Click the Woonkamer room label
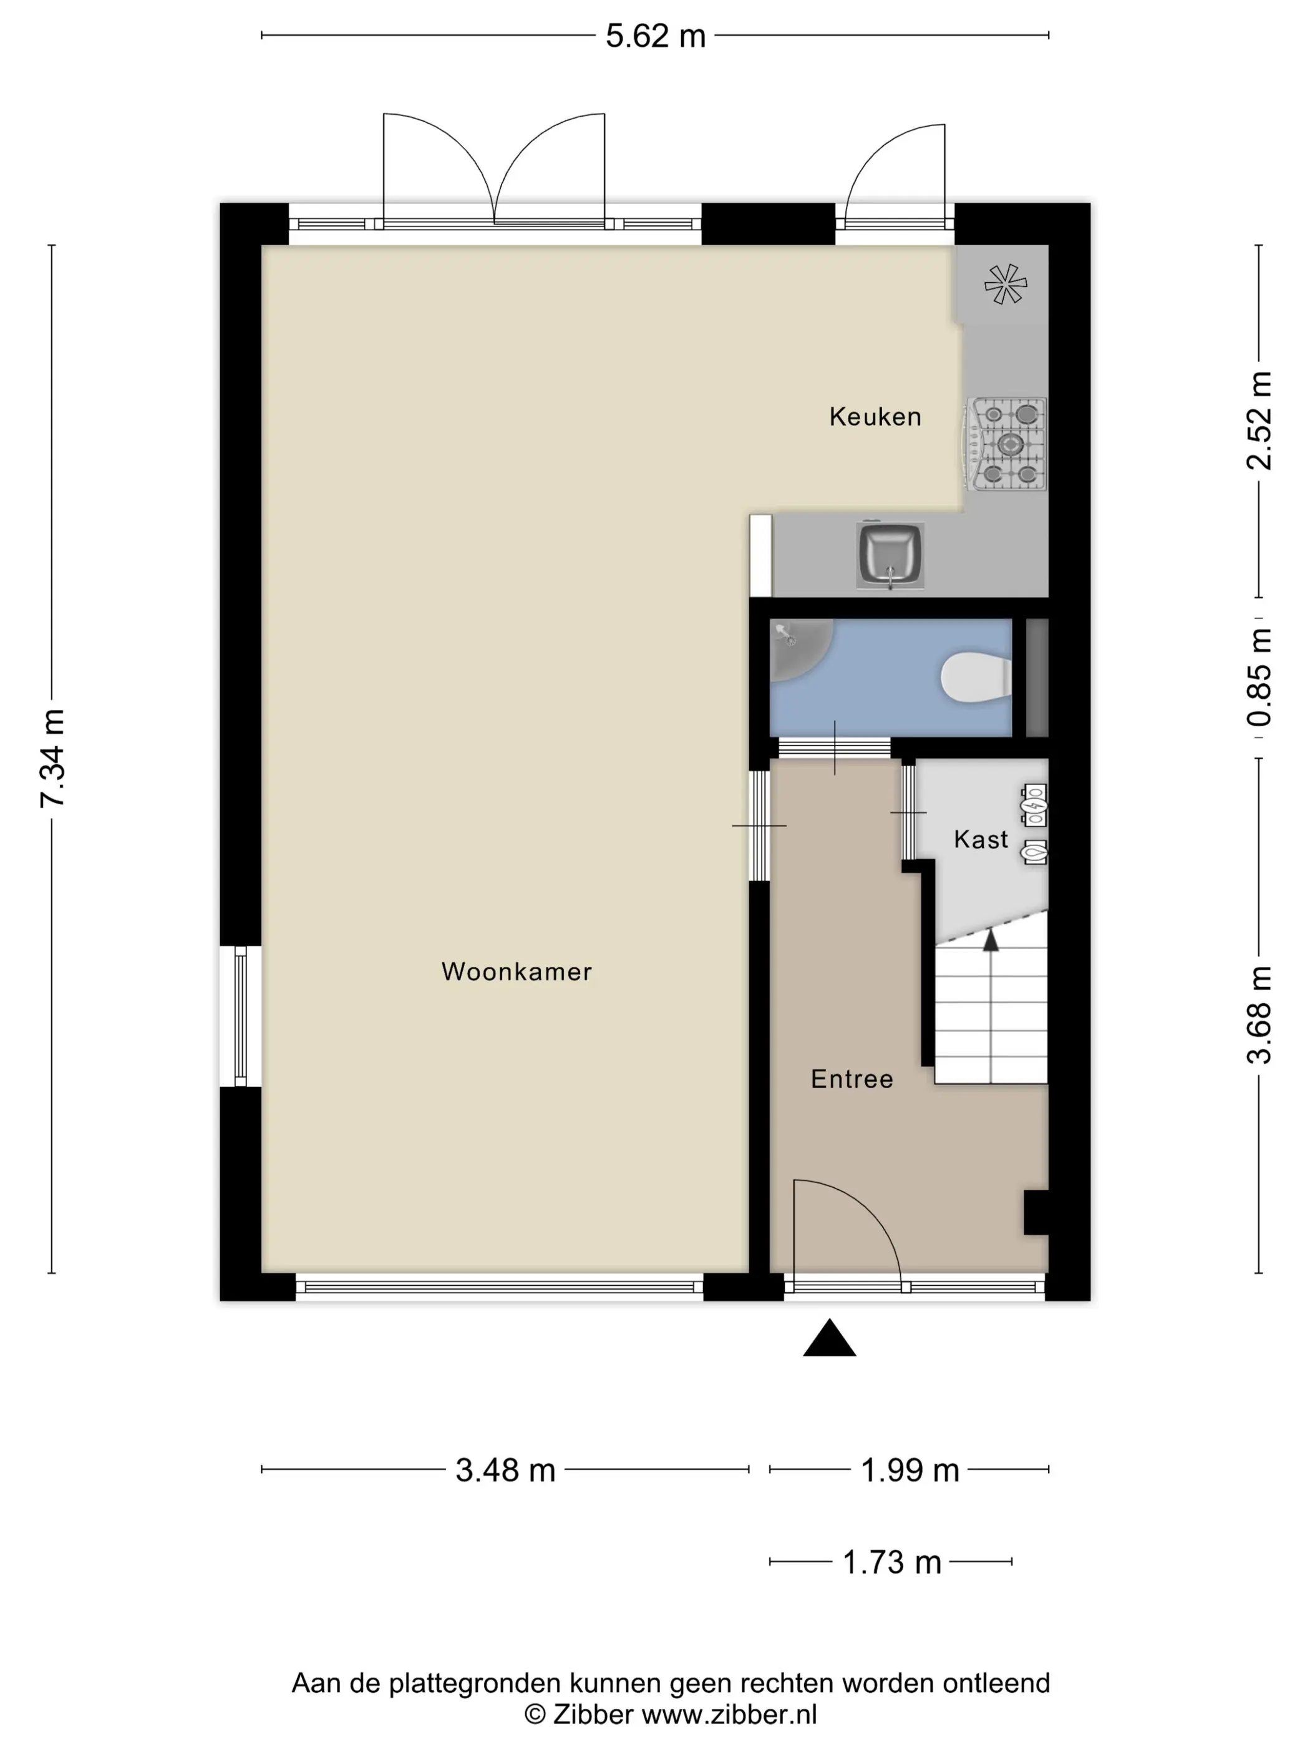517,971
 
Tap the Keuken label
875,417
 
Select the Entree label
851,1079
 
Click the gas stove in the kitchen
1007,444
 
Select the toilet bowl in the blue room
974,677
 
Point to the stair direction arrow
990,939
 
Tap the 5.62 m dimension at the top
654,36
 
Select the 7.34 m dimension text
54,758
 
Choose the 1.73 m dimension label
891,1562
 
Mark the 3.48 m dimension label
505,1471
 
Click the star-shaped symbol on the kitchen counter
1005,285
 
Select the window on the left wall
240,1016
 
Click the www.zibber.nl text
728,1715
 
